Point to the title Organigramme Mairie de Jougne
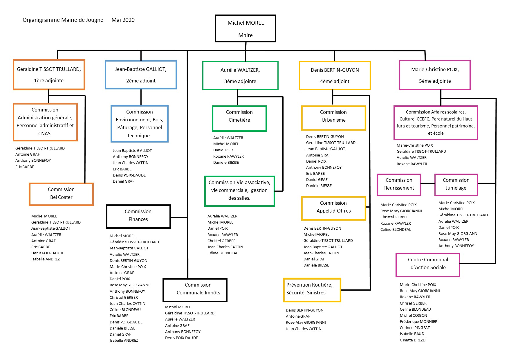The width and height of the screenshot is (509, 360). point(63,20)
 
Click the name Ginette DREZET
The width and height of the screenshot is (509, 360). point(413,340)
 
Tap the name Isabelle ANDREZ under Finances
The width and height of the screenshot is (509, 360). point(124,340)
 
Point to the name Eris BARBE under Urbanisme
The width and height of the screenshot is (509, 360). point(315,173)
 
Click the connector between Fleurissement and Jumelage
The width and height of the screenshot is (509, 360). point(428,183)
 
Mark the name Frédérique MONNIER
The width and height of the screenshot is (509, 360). point(418,321)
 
